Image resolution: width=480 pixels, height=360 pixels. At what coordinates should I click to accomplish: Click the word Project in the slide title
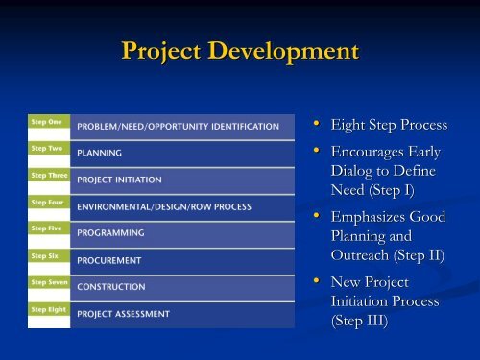168,51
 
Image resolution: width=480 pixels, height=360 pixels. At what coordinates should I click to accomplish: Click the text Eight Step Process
389,125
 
